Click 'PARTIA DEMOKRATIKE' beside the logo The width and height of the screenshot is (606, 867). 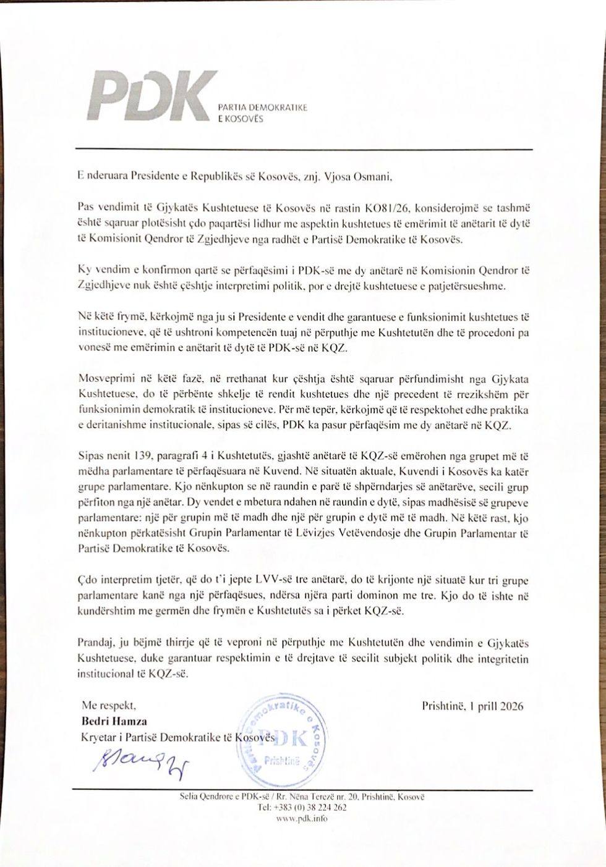click(268, 109)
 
